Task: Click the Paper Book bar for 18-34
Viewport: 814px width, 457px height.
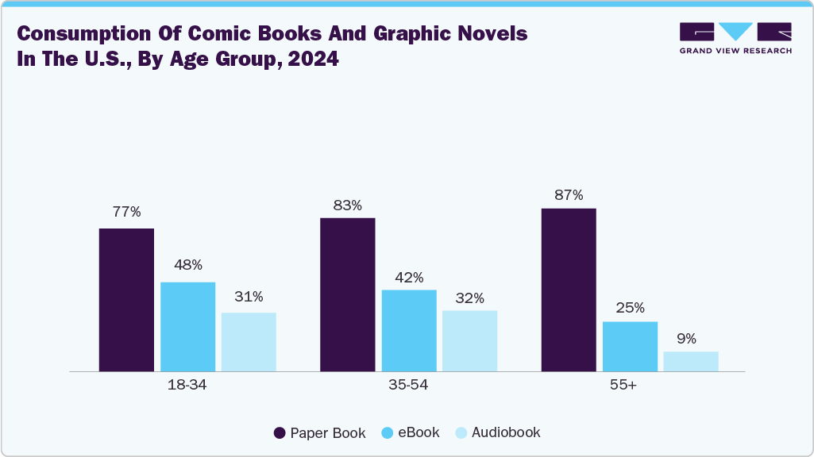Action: (126, 300)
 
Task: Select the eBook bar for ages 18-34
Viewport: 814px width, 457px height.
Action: (187, 327)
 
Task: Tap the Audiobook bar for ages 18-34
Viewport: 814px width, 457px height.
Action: (249, 342)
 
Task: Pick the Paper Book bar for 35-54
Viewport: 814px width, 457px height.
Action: (347, 294)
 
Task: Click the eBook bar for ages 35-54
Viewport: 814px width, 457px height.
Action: (409, 331)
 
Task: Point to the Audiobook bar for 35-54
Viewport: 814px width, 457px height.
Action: (469, 341)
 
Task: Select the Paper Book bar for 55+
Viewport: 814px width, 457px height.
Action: (569, 290)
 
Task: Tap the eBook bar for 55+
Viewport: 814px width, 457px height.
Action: (630, 347)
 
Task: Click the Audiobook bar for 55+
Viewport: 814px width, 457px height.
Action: (691, 362)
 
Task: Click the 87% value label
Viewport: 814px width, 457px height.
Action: (569, 195)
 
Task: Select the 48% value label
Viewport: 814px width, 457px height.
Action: (187, 265)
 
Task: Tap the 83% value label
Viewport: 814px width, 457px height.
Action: (347, 205)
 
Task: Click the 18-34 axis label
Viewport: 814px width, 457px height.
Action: (187, 386)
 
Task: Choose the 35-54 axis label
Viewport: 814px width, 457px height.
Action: (409, 386)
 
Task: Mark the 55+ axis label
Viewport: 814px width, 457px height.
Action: (630, 386)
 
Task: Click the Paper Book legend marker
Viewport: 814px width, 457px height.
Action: (280, 433)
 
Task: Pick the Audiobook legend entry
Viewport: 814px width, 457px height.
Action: (497, 433)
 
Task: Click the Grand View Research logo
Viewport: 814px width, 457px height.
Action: (735, 38)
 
